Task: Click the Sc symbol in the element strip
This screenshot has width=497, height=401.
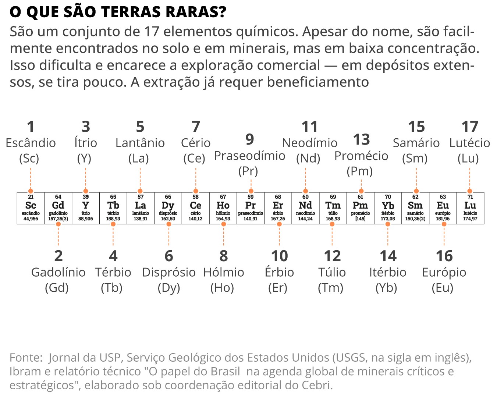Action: point(31,205)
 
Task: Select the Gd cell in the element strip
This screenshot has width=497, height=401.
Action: point(58,208)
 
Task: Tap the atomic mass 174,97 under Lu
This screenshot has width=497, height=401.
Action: point(470,219)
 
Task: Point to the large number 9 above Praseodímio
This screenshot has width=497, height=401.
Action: point(250,139)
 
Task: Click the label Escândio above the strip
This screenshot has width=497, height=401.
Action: point(31,143)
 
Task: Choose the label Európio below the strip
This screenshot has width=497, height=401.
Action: point(444,272)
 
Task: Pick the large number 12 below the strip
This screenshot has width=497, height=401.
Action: point(332,256)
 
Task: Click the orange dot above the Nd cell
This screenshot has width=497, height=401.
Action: point(306,191)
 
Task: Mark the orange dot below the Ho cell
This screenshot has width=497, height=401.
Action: point(224,224)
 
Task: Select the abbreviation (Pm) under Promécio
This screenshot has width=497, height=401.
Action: point(360,171)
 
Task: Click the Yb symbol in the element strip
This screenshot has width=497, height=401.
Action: point(388,206)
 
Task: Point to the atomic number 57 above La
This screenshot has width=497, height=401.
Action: point(141,197)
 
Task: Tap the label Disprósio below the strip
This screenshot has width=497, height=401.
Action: point(168,272)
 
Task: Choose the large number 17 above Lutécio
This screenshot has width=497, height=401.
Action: point(470,127)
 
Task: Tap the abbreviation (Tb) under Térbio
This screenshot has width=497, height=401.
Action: point(111,288)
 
